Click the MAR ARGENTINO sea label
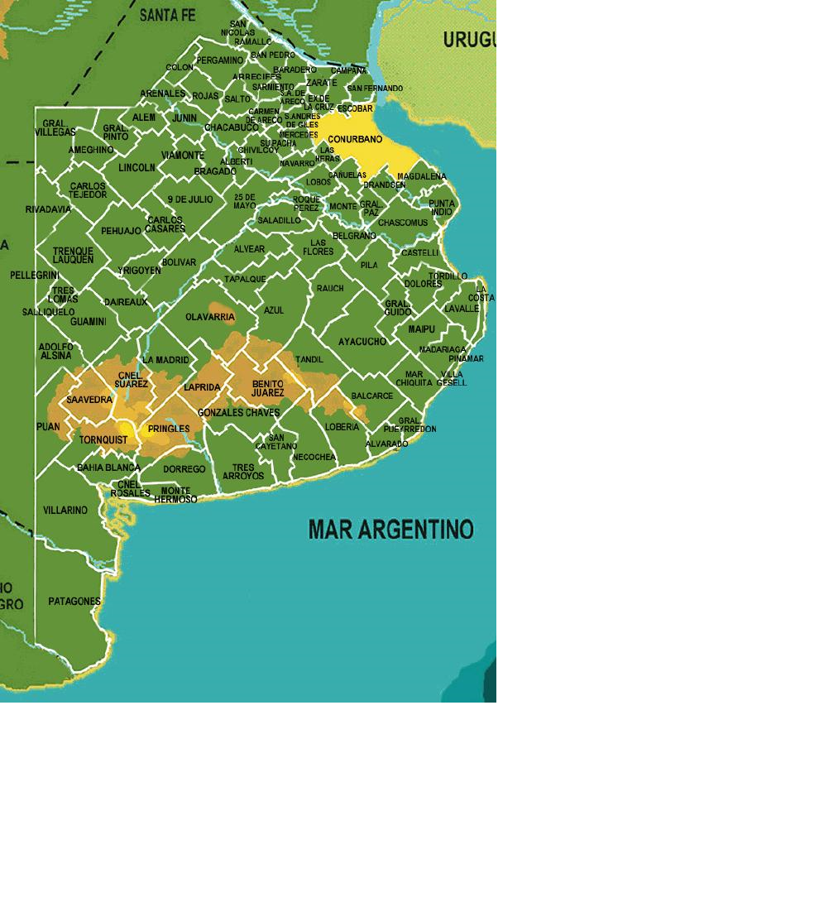tap(390, 530)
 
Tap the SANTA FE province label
tap(167, 15)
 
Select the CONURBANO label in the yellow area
tap(355, 139)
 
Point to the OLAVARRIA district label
tap(210, 317)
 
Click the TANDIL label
tap(309, 359)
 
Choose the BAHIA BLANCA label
tap(108, 468)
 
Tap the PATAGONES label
tap(74, 601)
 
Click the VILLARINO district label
tap(65, 510)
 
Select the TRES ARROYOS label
tap(243, 472)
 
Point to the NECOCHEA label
tap(314, 457)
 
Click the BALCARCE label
tap(372, 396)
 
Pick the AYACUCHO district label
tap(362, 341)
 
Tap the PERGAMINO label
tap(220, 60)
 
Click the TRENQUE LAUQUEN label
tap(73, 255)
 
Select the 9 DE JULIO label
tap(190, 199)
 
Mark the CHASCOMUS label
tap(403, 223)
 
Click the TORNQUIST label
tap(103, 439)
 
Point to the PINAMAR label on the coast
tap(466, 358)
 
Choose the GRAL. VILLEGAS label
tap(60, 127)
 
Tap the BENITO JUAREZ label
tap(267, 388)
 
